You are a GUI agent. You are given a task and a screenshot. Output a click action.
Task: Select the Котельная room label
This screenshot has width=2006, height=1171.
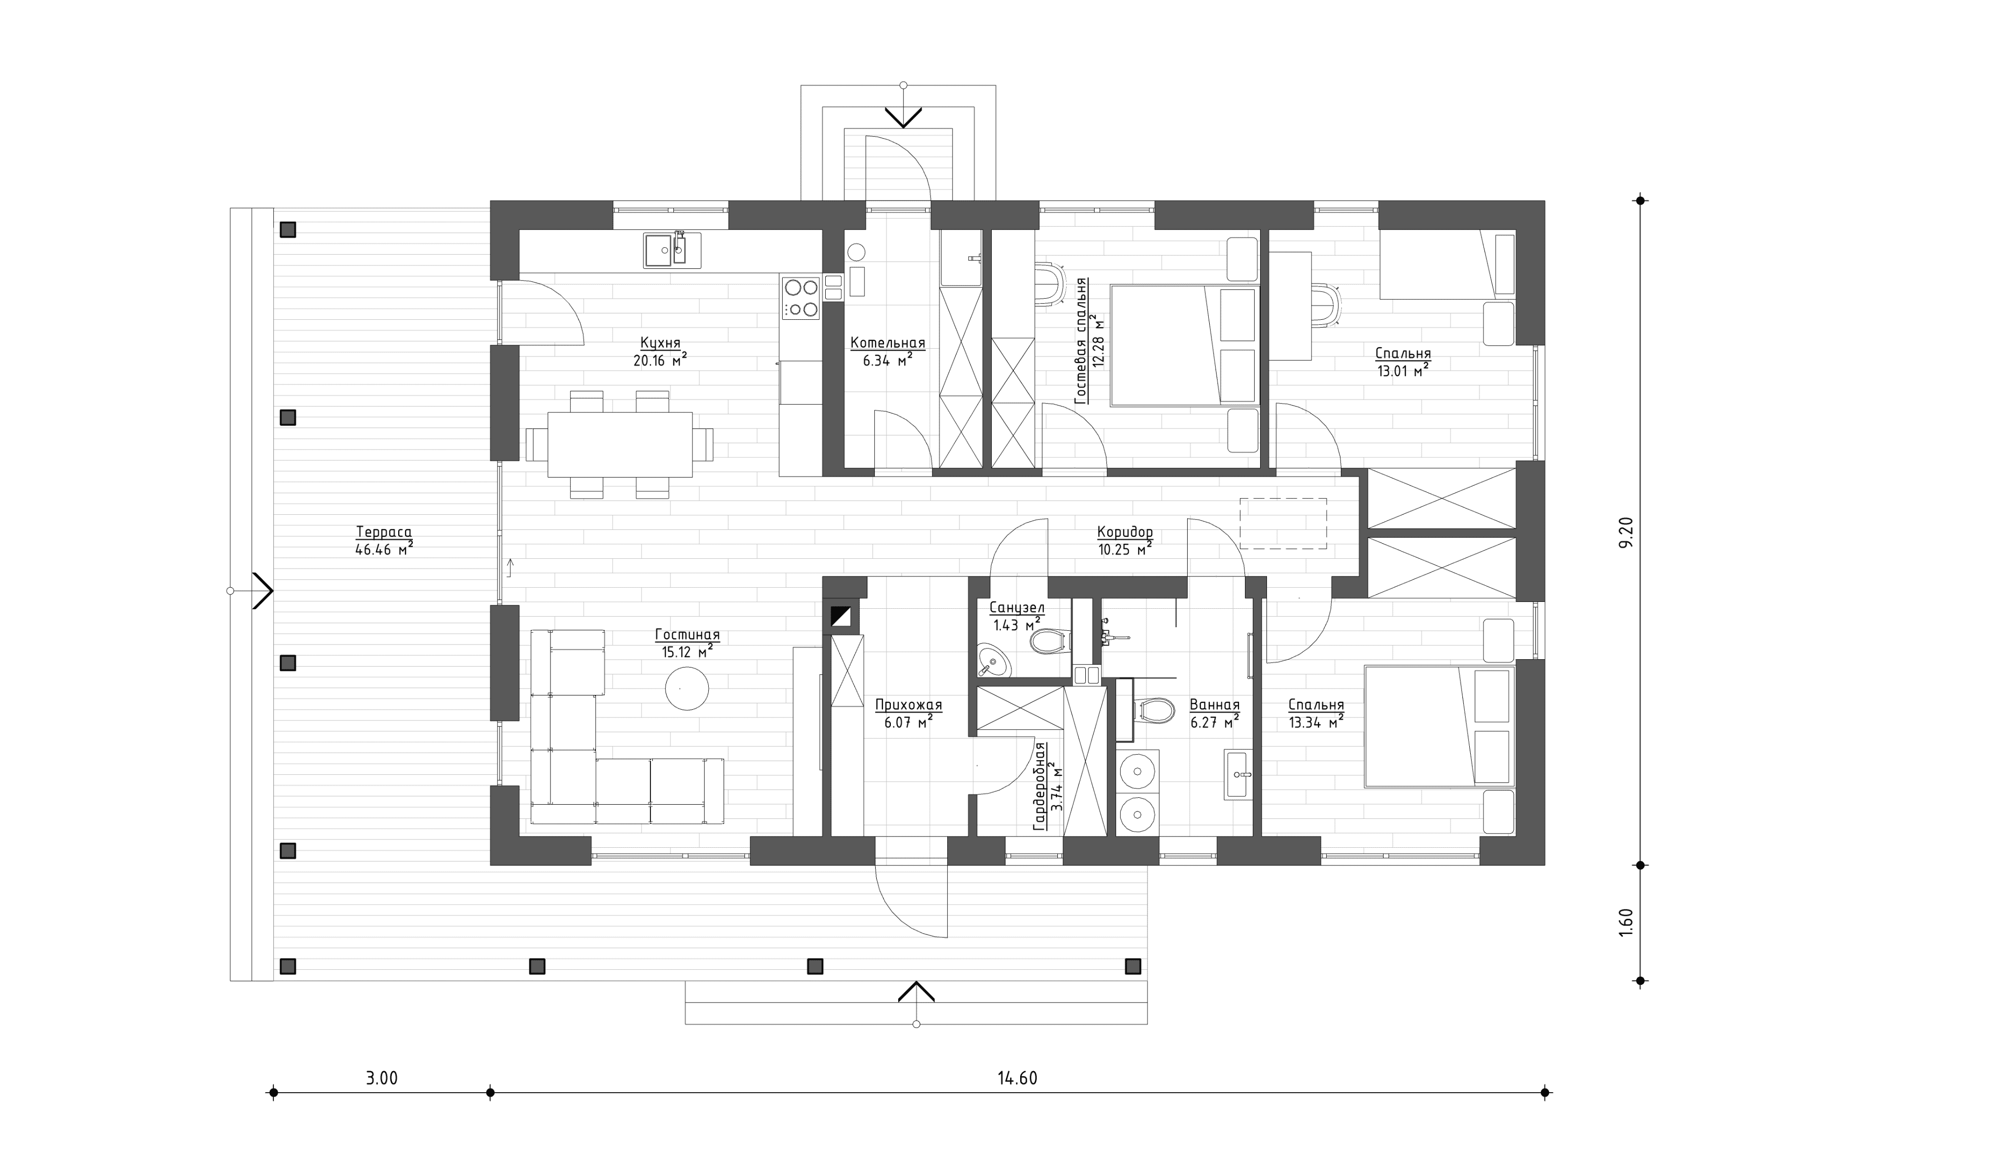tap(887, 343)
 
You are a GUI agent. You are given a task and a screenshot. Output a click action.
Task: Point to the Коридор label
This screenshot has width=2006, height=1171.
tap(1125, 532)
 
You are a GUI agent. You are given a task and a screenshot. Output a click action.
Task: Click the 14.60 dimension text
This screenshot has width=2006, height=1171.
tap(1017, 1078)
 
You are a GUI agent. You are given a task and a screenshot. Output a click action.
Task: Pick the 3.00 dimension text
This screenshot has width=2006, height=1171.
tap(382, 1078)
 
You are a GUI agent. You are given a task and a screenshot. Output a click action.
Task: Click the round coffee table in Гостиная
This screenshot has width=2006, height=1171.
tap(687, 688)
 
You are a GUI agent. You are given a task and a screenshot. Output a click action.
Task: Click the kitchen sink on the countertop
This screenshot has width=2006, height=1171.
tap(672, 250)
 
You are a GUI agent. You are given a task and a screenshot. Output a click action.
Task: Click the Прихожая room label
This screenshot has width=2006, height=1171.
tap(908, 705)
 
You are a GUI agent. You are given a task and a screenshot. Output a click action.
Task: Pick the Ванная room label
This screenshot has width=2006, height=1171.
tap(1215, 705)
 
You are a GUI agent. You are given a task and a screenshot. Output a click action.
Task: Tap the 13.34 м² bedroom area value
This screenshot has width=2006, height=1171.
tap(1316, 722)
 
